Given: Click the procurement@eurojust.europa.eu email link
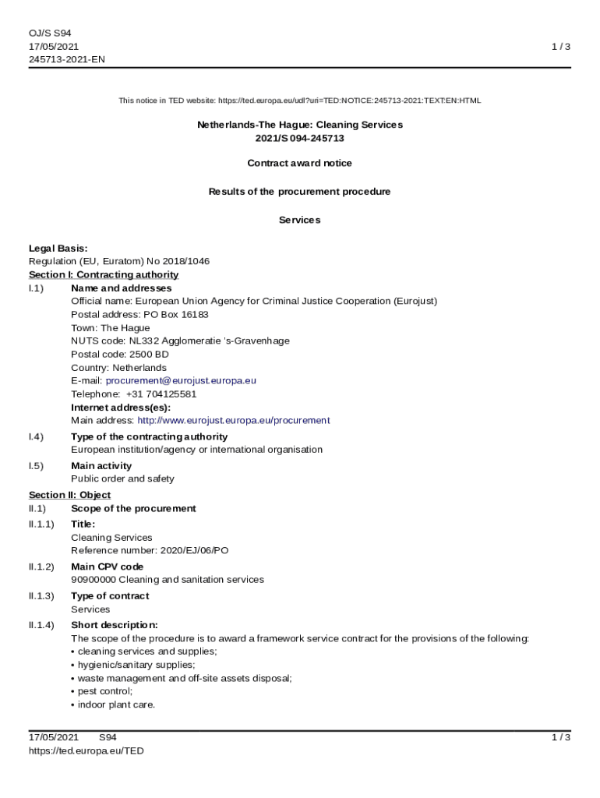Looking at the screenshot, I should coord(181,380).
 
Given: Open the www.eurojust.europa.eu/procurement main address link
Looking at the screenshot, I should coord(233,420).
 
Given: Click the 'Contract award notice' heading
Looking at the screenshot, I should coord(299,163).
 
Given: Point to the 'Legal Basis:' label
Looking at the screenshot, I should coord(58,248).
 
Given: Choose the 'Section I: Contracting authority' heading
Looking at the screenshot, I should coord(104,274).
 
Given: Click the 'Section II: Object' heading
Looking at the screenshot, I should coord(69,495).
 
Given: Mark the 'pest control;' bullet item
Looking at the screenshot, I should coord(104,691).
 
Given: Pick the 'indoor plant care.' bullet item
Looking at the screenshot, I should coord(116,704).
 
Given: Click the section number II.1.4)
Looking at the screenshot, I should coord(41,625).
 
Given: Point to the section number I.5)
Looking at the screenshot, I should coord(36,466).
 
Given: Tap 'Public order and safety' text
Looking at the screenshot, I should coord(122,478).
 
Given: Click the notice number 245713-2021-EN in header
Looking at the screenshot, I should coord(67,59).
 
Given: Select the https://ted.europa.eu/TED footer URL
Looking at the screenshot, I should coord(86,750).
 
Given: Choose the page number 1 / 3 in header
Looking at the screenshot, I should coord(561,47).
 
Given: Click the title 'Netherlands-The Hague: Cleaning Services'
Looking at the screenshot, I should coord(299,125).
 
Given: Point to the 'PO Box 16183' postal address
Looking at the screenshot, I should coord(176,314).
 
